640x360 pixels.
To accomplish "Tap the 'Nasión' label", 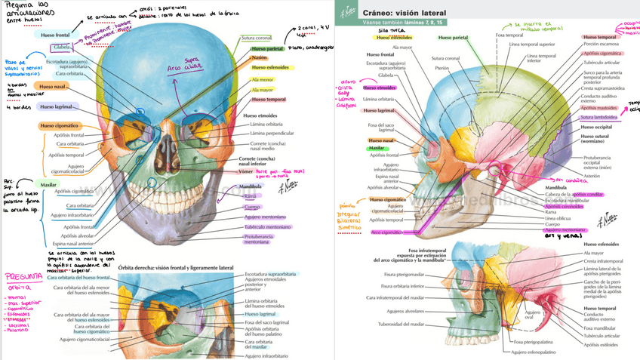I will pyautogui.click(x=259, y=57).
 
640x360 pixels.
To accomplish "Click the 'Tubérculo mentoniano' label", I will pyautogui.click(x=267, y=226).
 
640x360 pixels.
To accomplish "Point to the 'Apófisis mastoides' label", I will pyautogui.click(x=599, y=107).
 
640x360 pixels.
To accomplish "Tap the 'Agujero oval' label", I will pyautogui.click(x=534, y=315).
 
